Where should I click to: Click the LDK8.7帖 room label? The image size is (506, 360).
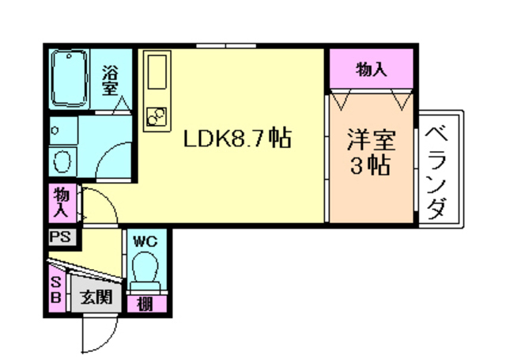click(237, 138)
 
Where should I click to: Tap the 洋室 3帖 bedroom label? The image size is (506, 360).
click(371, 152)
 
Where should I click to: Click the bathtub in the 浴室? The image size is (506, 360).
click(69, 78)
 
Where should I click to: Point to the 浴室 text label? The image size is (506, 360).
click(110, 81)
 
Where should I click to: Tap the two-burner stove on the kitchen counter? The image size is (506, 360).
click(157, 116)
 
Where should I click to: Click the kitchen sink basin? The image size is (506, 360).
click(157, 72)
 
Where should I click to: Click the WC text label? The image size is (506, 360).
click(145, 241)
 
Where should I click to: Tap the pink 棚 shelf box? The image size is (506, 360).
click(147, 304)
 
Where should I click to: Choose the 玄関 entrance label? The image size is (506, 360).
click(96, 297)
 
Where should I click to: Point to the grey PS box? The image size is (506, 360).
click(62, 237)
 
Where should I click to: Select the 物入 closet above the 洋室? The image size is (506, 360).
click(371, 69)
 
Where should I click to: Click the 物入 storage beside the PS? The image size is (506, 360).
click(62, 203)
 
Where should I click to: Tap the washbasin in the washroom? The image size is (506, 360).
click(62, 161)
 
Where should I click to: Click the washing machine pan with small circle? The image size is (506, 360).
click(63, 131)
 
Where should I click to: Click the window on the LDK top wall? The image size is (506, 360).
click(226, 46)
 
